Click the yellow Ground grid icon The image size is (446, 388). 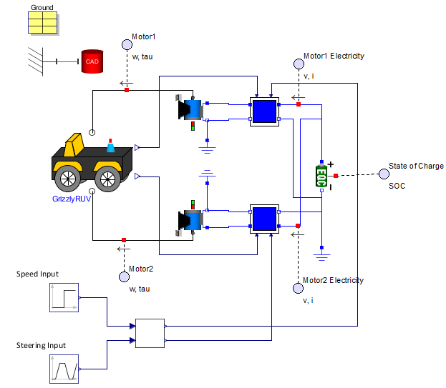click(x=42, y=24)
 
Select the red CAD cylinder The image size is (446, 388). click(x=92, y=61)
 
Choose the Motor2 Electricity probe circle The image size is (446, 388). click(x=299, y=288)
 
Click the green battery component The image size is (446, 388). click(x=322, y=175)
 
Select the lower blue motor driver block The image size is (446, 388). click(x=264, y=219)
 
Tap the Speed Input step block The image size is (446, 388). click(x=63, y=297)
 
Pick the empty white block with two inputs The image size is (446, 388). click(x=150, y=333)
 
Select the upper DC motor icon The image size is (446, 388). click(x=192, y=110)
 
